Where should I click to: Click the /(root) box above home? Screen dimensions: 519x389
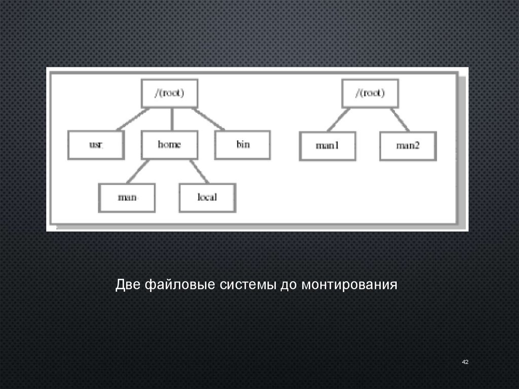(x=169, y=93)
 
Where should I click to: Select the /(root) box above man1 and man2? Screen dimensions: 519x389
(x=370, y=93)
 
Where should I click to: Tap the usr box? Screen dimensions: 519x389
(x=96, y=145)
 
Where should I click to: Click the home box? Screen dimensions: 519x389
(x=169, y=145)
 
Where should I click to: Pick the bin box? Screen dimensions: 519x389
(x=243, y=145)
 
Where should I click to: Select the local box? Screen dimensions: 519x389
(x=207, y=197)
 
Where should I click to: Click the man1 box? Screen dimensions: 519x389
(x=327, y=146)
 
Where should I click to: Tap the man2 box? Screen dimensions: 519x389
(x=407, y=146)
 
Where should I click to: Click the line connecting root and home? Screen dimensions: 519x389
(x=172, y=119)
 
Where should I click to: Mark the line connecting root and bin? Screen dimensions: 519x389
(x=208, y=119)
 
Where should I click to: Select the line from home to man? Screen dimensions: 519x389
(x=138, y=171)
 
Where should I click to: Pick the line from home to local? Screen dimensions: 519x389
(x=199, y=171)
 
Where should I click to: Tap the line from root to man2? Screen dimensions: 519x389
(x=400, y=120)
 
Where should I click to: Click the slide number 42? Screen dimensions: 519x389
(x=465, y=362)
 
